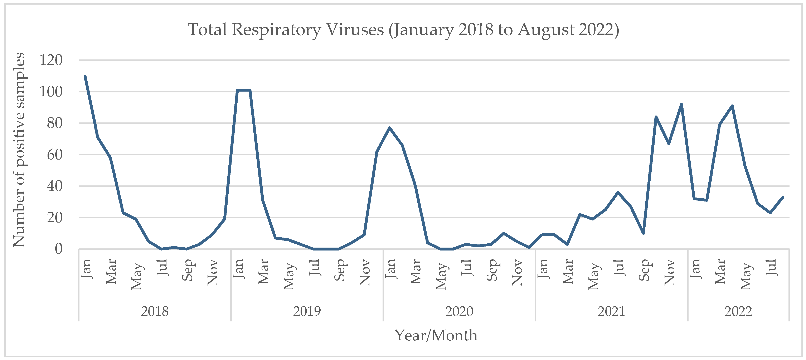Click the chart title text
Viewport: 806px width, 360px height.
(x=403, y=30)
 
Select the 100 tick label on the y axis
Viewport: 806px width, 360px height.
(x=51, y=92)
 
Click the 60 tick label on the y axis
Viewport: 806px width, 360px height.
(x=54, y=155)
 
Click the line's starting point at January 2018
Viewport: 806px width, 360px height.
(x=85, y=76)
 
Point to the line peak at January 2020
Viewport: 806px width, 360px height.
(x=390, y=128)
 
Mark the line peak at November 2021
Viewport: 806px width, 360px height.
(x=681, y=104)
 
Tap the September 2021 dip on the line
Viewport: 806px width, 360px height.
(x=643, y=233)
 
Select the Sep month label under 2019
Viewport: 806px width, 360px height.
(x=340, y=270)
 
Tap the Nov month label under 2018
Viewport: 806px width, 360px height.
(x=212, y=272)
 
